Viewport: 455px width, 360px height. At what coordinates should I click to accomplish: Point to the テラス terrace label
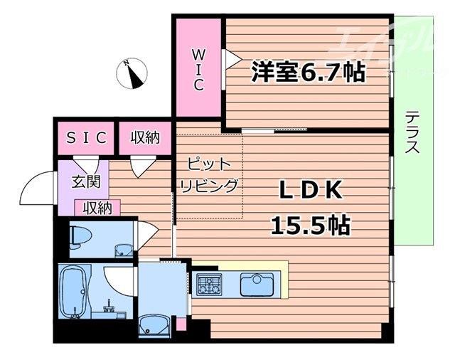413,132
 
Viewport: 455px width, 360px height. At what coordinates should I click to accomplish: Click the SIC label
87,137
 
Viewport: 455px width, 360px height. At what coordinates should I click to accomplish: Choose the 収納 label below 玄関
98,208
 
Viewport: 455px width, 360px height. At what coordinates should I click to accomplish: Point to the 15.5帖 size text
310,226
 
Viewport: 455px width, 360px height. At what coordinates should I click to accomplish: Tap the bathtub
73,292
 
